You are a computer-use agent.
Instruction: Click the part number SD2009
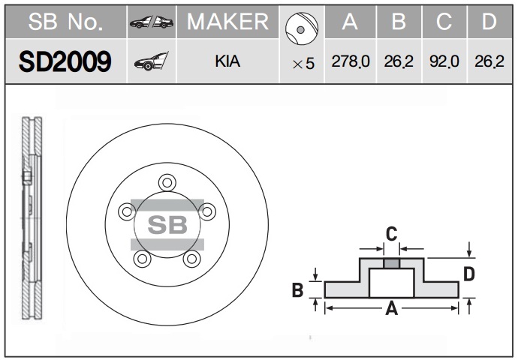(65, 61)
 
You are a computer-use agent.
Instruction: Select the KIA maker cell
(227, 61)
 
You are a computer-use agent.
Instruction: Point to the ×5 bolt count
(303, 64)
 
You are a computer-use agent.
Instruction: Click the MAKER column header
(227, 22)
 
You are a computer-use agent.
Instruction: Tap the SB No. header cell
(65, 22)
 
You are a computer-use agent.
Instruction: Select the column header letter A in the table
(350, 22)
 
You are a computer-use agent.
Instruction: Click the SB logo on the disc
(167, 224)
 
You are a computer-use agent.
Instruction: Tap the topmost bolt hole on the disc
(167, 181)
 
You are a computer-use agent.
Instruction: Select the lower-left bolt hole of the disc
(141, 259)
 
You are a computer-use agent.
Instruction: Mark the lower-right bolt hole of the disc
(192, 259)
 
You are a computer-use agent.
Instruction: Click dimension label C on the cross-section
(391, 234)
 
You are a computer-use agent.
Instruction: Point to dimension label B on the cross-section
(297, 289)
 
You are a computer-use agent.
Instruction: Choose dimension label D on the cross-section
(469, 274)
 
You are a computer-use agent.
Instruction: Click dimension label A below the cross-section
(390, 308)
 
